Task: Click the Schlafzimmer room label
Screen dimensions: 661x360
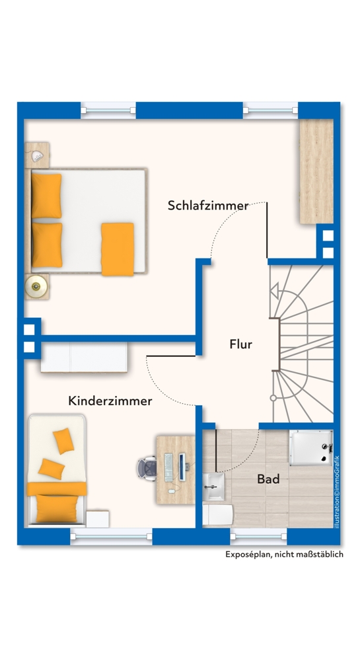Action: click(x=208, y=206)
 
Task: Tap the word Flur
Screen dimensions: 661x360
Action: click(x=241, y=344)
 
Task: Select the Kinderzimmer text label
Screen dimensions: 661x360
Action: click(x=110, y=401)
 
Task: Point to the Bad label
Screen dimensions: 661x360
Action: click(x=269, y=479)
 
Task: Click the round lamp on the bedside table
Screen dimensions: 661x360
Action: click(x=36, y=286)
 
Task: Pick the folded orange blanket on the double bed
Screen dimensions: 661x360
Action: click(x=118, y=249)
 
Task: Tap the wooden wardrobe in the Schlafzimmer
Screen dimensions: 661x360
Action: click(x=316, y=172)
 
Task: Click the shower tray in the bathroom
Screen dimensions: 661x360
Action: click(x=310, y=448)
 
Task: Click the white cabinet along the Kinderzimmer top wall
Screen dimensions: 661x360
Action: click(x=85, y=358)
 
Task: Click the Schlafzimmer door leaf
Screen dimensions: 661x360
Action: click(x=267, y=229)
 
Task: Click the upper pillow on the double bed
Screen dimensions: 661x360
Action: click(x=46, y=195)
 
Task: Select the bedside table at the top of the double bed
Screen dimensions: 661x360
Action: click(x=38, y=154)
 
